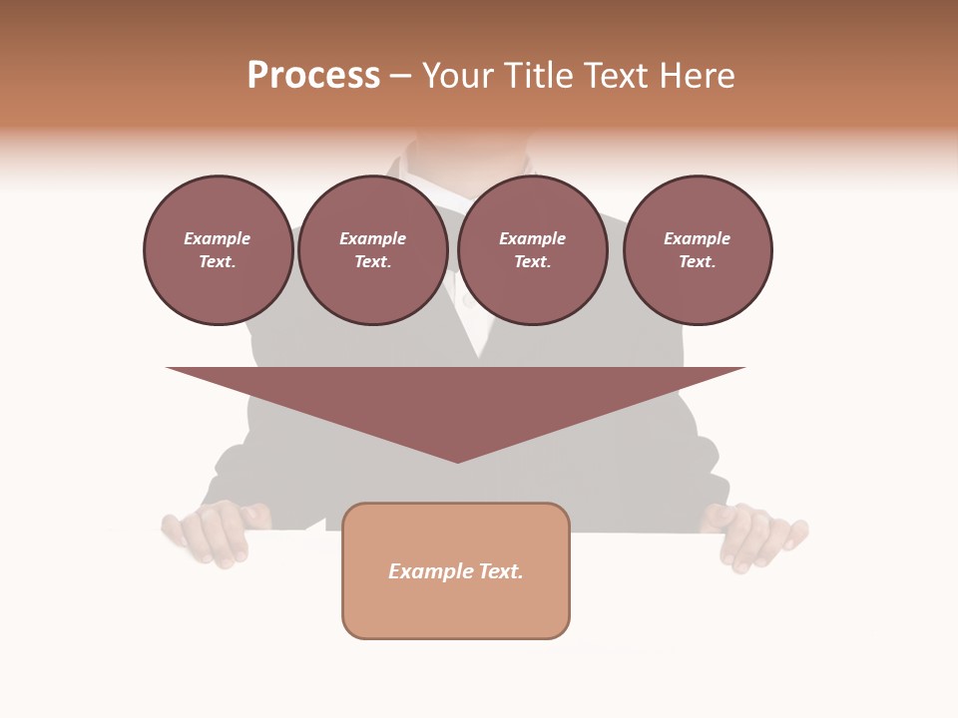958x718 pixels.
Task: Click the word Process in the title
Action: coord(313,76)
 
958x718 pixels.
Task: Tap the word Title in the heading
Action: coord(541,76)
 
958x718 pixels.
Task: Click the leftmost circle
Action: coord(218,250)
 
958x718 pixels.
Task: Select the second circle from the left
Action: coord(372,250)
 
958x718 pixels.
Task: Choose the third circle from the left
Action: coord(532,250)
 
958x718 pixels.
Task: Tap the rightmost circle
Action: coord(697,250)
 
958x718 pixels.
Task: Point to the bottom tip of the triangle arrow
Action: coord(457,460)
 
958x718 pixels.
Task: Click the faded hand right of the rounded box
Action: coord(755,536)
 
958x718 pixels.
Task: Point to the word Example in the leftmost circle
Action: coord(218,239)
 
